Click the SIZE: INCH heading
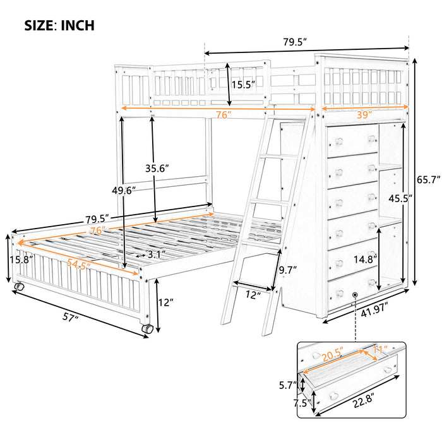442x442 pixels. (x=59, y=25)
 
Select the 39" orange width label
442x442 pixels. (x=363, y=114)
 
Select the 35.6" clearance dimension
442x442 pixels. (x=157, y=169)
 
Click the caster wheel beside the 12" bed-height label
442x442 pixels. (x=147, y=328)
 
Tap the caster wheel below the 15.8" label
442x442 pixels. (x=18, y=287)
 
